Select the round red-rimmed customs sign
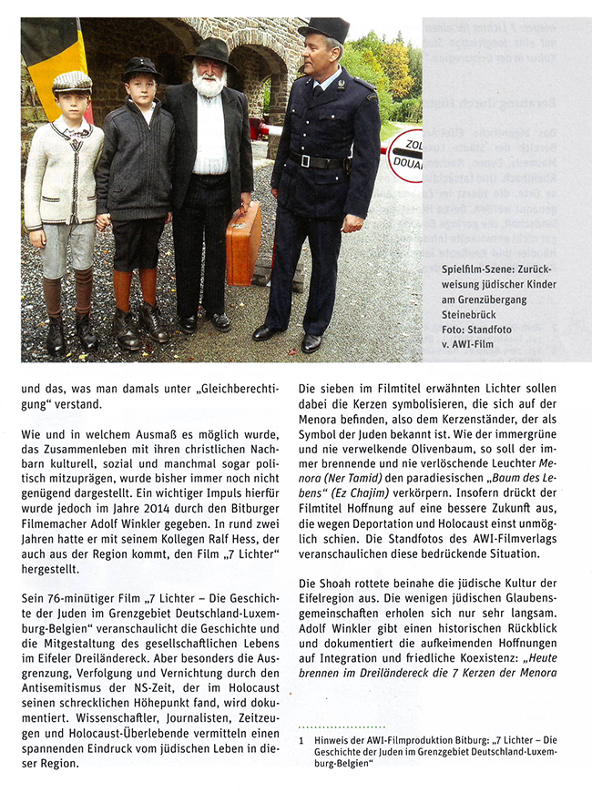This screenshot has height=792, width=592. coord(406,155)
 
